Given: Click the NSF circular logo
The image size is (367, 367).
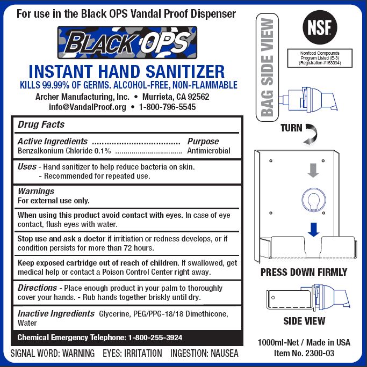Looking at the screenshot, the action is point(320,27).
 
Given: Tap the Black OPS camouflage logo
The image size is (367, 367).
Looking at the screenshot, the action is point(127,42).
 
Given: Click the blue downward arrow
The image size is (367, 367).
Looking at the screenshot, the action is point(314,230).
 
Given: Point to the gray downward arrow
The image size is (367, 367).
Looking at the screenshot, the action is point(313,170).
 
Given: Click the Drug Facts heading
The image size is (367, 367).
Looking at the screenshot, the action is point(41,124).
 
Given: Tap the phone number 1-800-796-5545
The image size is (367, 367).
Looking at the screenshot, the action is point(167,107).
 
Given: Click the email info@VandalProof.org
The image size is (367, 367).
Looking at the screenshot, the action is point(88,107).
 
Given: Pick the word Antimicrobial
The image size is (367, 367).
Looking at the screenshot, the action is point(208,151).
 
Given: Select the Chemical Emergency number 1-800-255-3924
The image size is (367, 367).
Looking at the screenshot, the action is point(155,337).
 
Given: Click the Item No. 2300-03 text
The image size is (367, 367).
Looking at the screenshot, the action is point(304,353).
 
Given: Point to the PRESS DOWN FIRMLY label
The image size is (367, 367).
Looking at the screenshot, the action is point(304,272).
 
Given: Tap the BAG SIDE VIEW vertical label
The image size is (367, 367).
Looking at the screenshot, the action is point(267,68).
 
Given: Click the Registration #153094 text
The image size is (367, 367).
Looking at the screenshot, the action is point(320,63).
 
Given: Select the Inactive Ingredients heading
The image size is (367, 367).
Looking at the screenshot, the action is point(56,314).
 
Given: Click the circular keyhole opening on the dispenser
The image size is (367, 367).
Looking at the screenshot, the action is point(314,200).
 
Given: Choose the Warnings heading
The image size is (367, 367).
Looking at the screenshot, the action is point(36,191).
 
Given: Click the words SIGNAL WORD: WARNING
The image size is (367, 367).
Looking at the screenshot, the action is point(53,353).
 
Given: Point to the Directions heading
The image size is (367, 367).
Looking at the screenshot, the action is point(37,288).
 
